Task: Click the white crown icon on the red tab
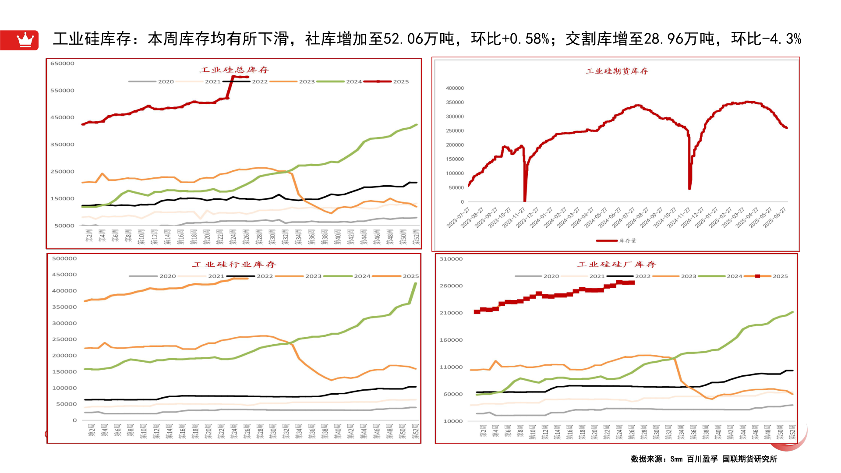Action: [25, 40]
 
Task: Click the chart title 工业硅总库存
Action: [234, 70]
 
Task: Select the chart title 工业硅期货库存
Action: [617, 71]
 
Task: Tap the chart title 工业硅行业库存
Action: [234, 265]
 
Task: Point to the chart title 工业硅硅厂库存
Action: [616, 265]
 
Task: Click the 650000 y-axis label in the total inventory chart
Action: [62, 64]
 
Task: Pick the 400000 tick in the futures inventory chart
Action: [455, 88]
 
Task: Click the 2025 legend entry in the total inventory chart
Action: [400, 82]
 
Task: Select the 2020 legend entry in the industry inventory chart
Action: [167, 276]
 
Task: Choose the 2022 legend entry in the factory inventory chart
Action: [643, 276]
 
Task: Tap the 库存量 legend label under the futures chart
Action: [627, 241]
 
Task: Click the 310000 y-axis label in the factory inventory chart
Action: [451, 259]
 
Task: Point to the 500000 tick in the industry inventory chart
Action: [64, 259]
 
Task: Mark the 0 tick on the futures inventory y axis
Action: [462, 202]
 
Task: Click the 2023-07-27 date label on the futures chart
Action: [458, 218]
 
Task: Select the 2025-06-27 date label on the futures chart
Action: [774, 218]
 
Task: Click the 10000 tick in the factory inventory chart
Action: [453, 421]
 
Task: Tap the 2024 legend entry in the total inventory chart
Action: [353, 82]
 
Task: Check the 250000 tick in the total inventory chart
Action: [62, 172]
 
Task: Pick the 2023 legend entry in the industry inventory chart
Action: [313, 276]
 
